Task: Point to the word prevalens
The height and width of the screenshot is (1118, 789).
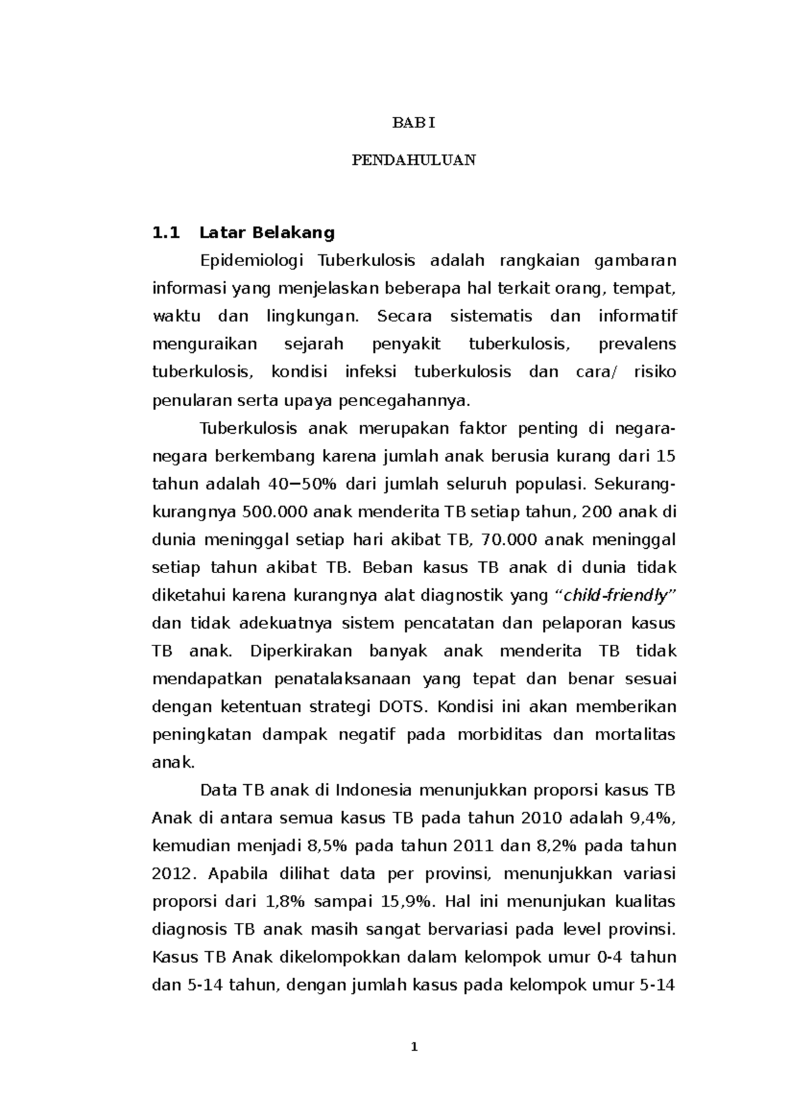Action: (637, 344)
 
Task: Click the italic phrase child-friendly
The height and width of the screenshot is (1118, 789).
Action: (621, 596)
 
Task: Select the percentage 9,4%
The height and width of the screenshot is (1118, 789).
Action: (652, 818)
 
